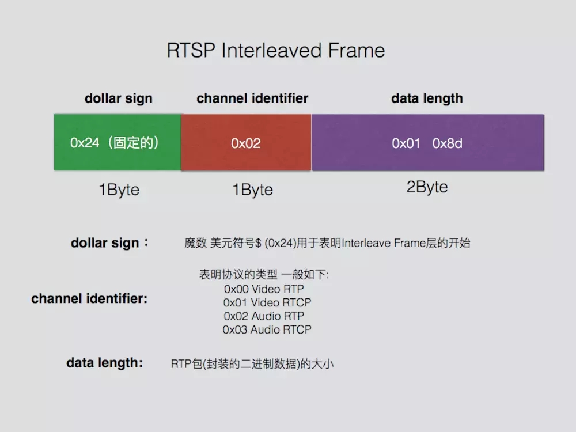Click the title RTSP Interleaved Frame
[275, 51]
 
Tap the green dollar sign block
[118, 142]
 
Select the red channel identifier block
[246, 143]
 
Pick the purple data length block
[427, 143]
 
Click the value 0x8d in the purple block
[448, 143]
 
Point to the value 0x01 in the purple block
[406, 143]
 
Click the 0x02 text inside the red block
[246, 143]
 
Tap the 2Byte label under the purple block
[427, 187]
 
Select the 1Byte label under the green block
[119, 190]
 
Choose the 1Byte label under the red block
[252, 190]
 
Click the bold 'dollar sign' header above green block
[119, 98]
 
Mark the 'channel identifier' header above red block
[252, 98]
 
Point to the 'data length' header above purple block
[427, 98]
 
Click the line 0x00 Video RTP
[264, 289]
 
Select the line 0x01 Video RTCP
[267, 302]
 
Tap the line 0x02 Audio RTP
[264, 316]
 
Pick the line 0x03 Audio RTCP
[267, 329]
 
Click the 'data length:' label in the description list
[104, 363]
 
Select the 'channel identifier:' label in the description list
[89, 299]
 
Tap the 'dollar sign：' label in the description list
[109, 243]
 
